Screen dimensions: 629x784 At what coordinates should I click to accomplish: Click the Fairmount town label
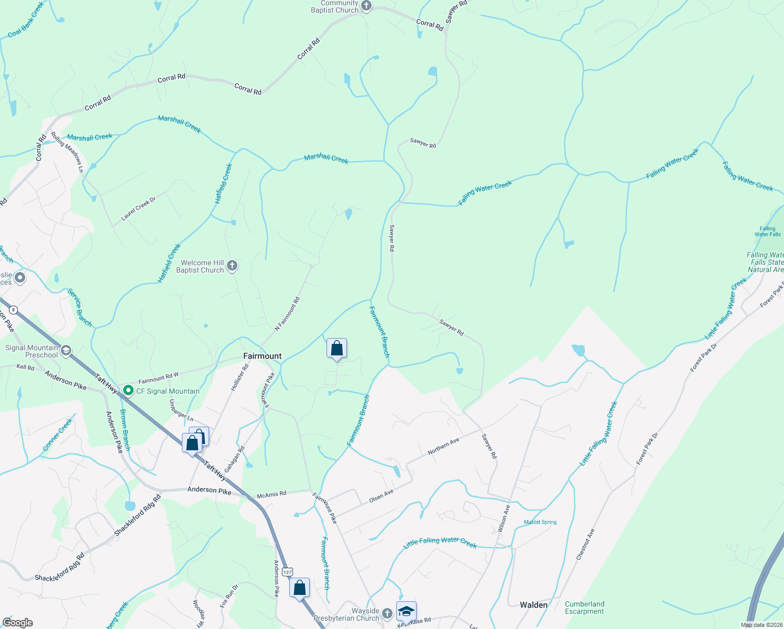click(262, 356)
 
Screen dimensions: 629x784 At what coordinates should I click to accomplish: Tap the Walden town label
click(533, 605)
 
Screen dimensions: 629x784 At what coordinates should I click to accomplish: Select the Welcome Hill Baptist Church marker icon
click(232, 266)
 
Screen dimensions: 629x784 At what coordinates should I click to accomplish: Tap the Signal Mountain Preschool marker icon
click(66, 351)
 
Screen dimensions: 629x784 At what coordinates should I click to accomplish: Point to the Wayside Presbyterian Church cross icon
click(387, 614)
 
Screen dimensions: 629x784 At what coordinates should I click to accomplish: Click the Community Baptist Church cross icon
click(366, 6)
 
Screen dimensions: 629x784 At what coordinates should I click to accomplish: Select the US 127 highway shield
click(287, 572)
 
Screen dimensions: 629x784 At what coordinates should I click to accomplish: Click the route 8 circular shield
click(13, 310)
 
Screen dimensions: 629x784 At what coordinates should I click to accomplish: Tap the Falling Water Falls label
click(767, 231)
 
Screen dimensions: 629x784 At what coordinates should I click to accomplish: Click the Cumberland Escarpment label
click(584, 608)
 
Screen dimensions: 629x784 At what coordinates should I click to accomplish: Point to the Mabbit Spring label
click(540, 522)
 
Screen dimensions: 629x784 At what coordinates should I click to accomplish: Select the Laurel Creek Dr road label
click(138, 208)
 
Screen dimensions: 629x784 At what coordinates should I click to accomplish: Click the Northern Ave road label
click(443, 446)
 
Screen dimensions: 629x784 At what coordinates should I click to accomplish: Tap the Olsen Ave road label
click(381, 496)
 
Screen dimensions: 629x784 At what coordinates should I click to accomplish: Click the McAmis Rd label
click(271, 494)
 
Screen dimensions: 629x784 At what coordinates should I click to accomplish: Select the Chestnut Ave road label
click(585, 545)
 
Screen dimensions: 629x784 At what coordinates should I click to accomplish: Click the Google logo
click(18, 623)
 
